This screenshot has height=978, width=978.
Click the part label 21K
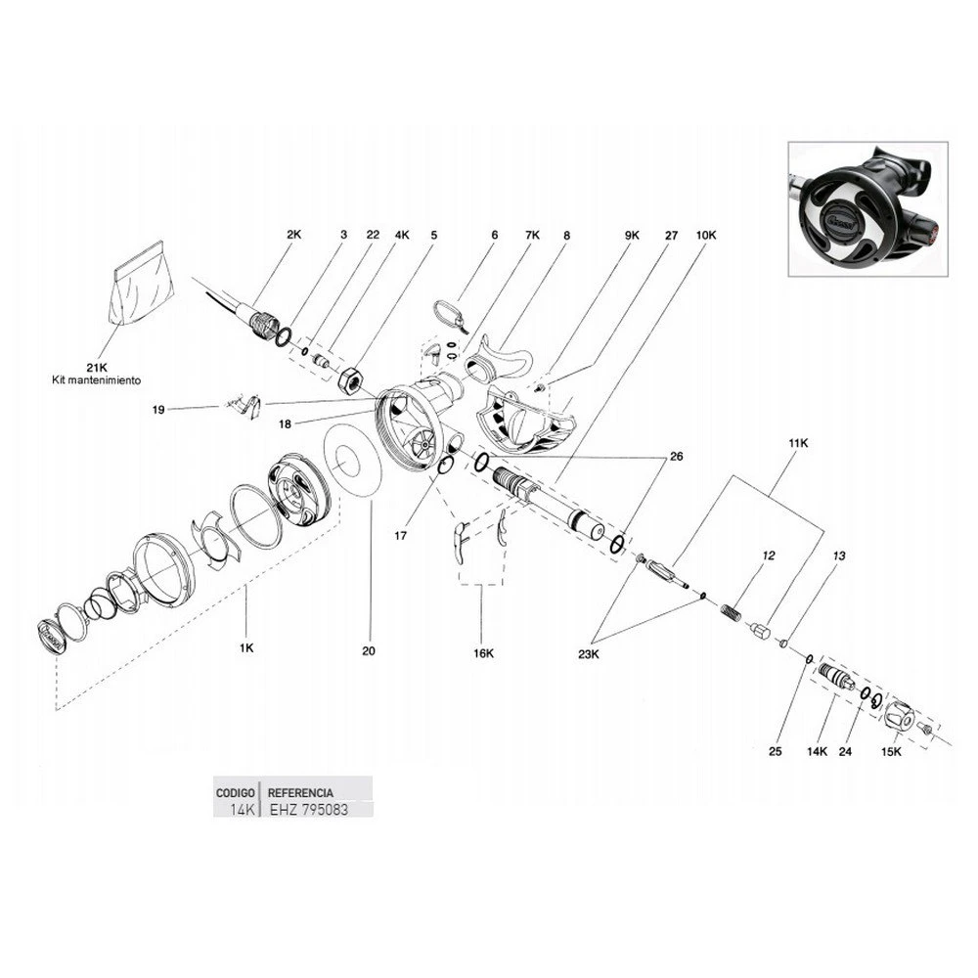click(x=97, y=368)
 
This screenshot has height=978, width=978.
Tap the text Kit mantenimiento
click(x=97, y=379)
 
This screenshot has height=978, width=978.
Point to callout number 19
click(x=158, y=410)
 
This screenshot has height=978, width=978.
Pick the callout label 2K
click(x=293, y=235)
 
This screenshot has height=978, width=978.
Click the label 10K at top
click(x=706, y=235)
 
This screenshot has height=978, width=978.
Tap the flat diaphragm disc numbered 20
click(x=352, y=461)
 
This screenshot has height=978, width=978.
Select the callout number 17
click(x=400, y=535)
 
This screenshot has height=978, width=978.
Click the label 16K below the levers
click(x=483, y=653)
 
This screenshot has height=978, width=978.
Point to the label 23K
click(x=588, y=654)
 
